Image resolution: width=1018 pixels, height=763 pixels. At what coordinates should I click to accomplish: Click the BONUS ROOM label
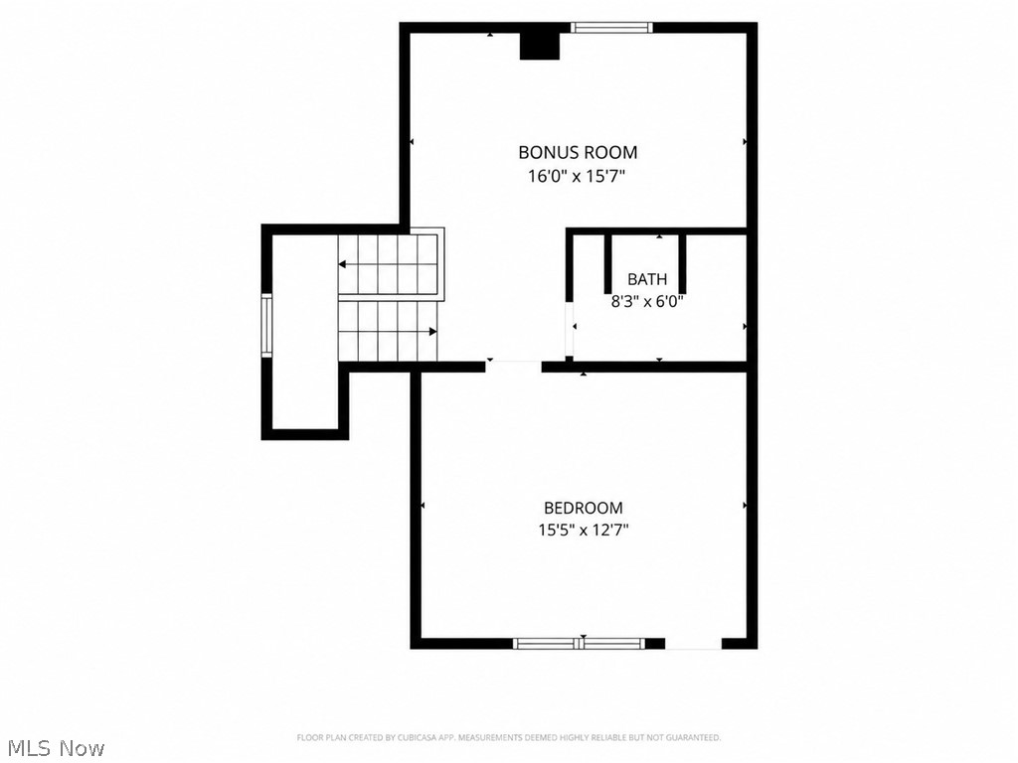578,152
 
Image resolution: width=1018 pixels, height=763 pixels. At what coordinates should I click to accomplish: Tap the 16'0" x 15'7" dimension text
577,176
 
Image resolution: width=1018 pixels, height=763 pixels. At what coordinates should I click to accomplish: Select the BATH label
646,279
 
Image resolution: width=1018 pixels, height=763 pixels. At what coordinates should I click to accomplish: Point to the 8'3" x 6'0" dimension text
647,302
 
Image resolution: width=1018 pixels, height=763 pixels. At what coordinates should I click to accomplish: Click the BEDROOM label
583,508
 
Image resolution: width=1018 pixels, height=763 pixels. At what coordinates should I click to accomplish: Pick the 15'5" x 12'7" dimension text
583,531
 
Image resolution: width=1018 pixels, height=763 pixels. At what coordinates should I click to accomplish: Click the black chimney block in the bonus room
540,46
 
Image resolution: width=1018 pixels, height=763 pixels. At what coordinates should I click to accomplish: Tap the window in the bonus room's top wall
611,27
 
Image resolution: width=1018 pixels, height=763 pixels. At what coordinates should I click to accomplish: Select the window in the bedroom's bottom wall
579,644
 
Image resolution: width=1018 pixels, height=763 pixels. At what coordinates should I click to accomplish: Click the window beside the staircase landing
266,325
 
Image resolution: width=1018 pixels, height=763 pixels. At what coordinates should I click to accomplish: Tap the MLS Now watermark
53,748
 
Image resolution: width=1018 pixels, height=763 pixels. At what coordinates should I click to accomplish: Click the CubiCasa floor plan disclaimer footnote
508,738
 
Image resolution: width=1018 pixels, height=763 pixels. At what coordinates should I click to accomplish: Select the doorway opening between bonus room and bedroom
513,367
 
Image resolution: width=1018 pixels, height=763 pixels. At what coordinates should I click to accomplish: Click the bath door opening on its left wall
570,329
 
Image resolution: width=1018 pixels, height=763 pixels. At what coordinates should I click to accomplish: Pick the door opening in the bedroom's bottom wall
693,644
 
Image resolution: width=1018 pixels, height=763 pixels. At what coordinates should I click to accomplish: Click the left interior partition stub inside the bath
608,263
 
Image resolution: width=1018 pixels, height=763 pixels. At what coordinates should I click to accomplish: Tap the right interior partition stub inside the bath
682,263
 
